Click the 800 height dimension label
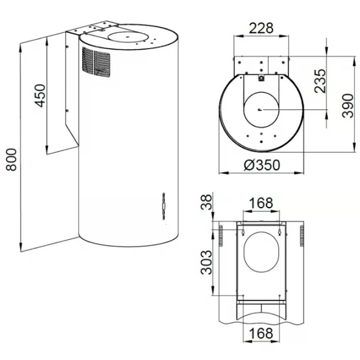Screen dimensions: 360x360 (11, 160)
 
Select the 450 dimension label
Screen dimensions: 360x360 (40, 95)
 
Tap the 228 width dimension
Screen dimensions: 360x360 (261, 28)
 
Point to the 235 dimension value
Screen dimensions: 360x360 (320, 81)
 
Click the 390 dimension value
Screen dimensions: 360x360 (347, 106)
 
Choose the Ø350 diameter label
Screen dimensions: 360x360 (262, 165)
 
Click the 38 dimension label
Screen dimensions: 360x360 (206, 202)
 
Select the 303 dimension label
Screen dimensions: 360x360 (206, 262)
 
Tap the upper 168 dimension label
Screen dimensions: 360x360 (261, 203)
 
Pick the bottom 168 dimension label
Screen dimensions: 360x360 (261, 333)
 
